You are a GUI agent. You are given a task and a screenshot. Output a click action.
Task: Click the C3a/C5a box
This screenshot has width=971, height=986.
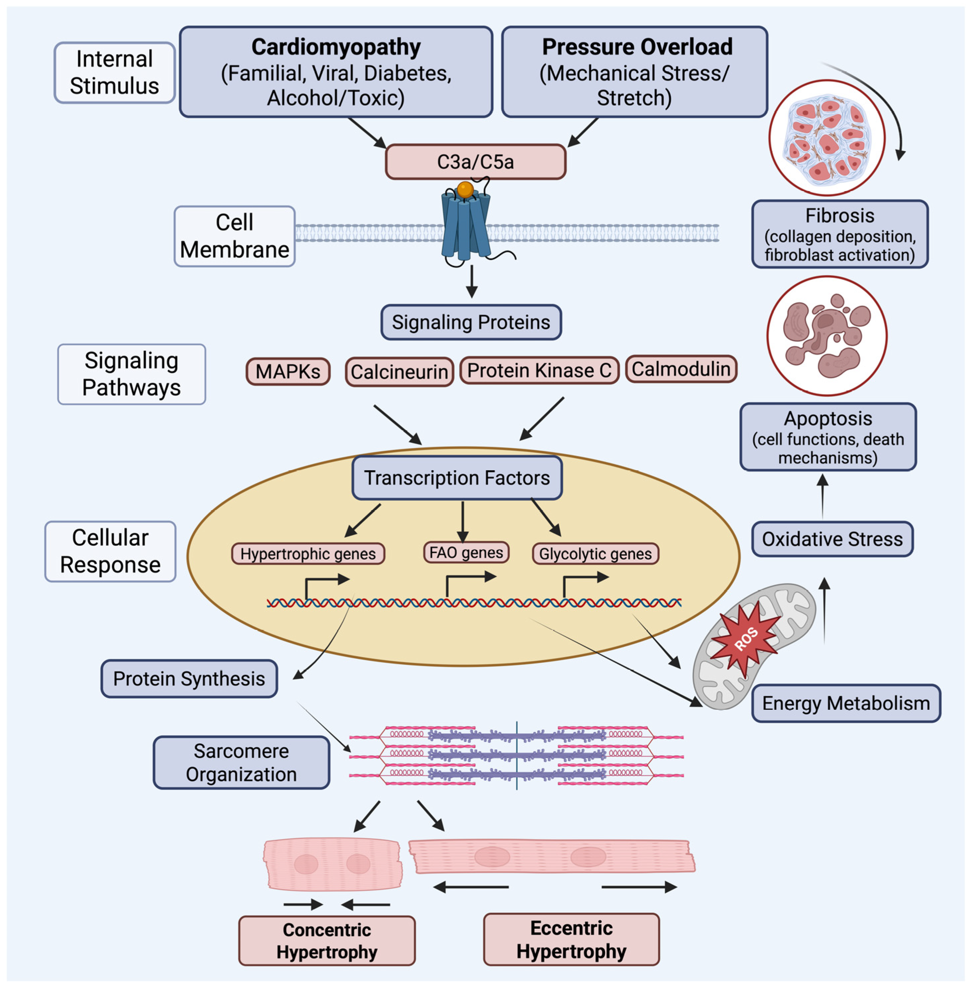click(475, 162)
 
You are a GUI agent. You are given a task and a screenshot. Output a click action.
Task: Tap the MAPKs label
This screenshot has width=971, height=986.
click(288, 371)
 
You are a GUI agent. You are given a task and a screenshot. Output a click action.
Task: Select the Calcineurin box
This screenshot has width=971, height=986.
click(399, 372)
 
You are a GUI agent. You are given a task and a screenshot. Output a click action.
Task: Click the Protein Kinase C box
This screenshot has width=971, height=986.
click(539, 370)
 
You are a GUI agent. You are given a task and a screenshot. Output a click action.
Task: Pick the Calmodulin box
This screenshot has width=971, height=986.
click(681, 369)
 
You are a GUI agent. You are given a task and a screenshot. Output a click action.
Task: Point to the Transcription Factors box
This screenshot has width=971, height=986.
click(457, 478)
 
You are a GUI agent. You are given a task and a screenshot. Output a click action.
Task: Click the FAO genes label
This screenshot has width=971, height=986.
click(466, 553)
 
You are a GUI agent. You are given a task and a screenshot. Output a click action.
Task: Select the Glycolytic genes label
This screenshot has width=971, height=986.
click(595, 554)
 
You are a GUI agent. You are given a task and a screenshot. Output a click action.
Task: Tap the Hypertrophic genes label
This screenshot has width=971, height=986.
click(308, 554)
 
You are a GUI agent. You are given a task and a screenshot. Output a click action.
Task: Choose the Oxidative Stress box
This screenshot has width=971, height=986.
click(832, 539)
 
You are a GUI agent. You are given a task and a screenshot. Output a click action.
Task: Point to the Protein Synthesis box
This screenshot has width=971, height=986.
click(189, 679)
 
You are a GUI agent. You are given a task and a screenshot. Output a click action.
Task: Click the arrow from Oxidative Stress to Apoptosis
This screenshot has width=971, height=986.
click(823, 496)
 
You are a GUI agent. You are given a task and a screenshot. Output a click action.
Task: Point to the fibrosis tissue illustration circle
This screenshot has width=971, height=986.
click(827, 138)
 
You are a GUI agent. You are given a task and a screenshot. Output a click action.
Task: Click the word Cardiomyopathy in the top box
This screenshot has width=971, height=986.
click(336, 47)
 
